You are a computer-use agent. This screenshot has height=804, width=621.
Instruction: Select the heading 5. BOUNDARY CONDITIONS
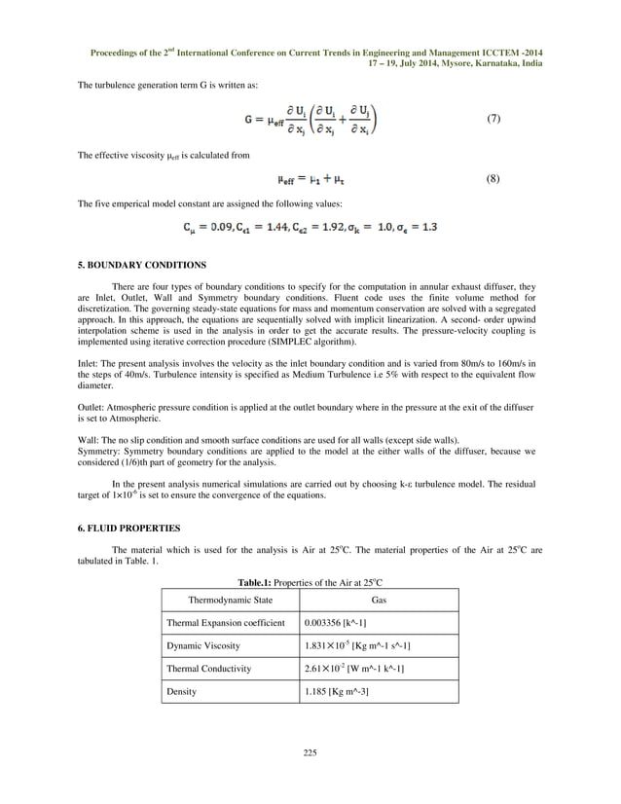coord(145,265)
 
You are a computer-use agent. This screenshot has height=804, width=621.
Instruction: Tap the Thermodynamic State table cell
coord(231,601)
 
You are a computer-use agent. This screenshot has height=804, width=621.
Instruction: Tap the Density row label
coord(182,691)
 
